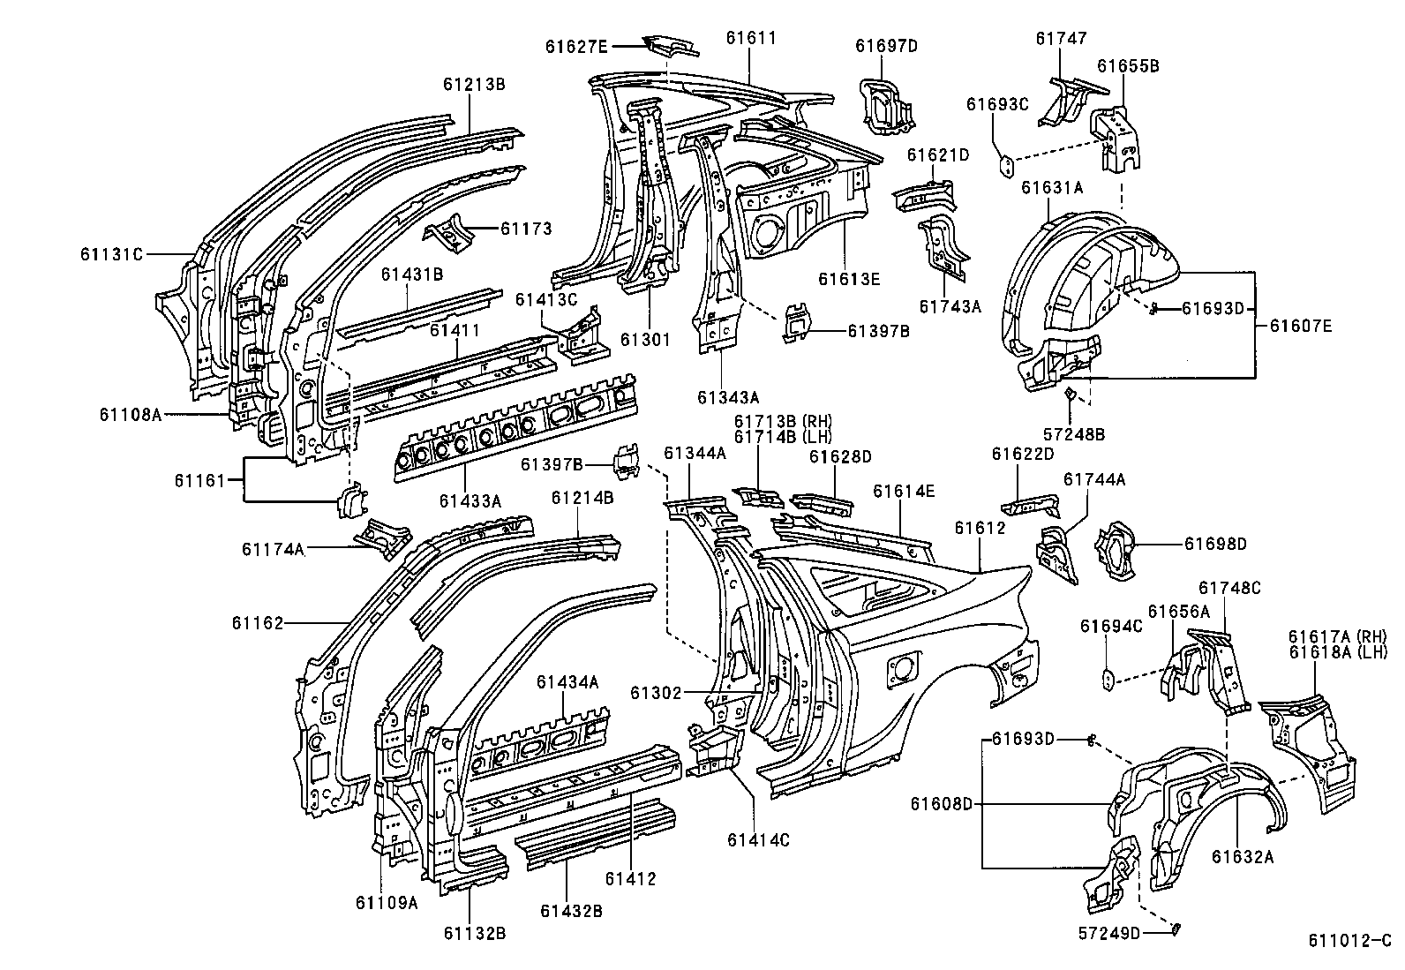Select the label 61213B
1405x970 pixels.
pyautogui.click(x=474, y=85)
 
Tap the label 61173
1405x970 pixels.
pyautogui.click(x=526, y=229)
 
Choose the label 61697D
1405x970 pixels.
pyautogui.click(x=887, y=47)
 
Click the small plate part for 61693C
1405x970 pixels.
pyautogui.click(x=1005, y=164)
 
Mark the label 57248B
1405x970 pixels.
pyautogui.click(x=1073, y=434)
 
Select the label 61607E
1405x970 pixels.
pyautogui.click(x=1301, y=326)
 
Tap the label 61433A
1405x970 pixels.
pyautogui.click(x=470, y=501)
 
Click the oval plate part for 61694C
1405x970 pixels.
pyautogui.click(x=1108, y=677)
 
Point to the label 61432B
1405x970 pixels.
pyautogui.click(x=571, y=910)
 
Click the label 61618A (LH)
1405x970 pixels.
pyautogui.click(x=1338, y=651)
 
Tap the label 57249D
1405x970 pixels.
pyautogui.click(x=1109, y=933)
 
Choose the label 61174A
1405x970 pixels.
pyautogui.click(x=274, y=548)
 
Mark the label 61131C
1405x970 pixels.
pyautogui.click(x=111, y=254)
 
